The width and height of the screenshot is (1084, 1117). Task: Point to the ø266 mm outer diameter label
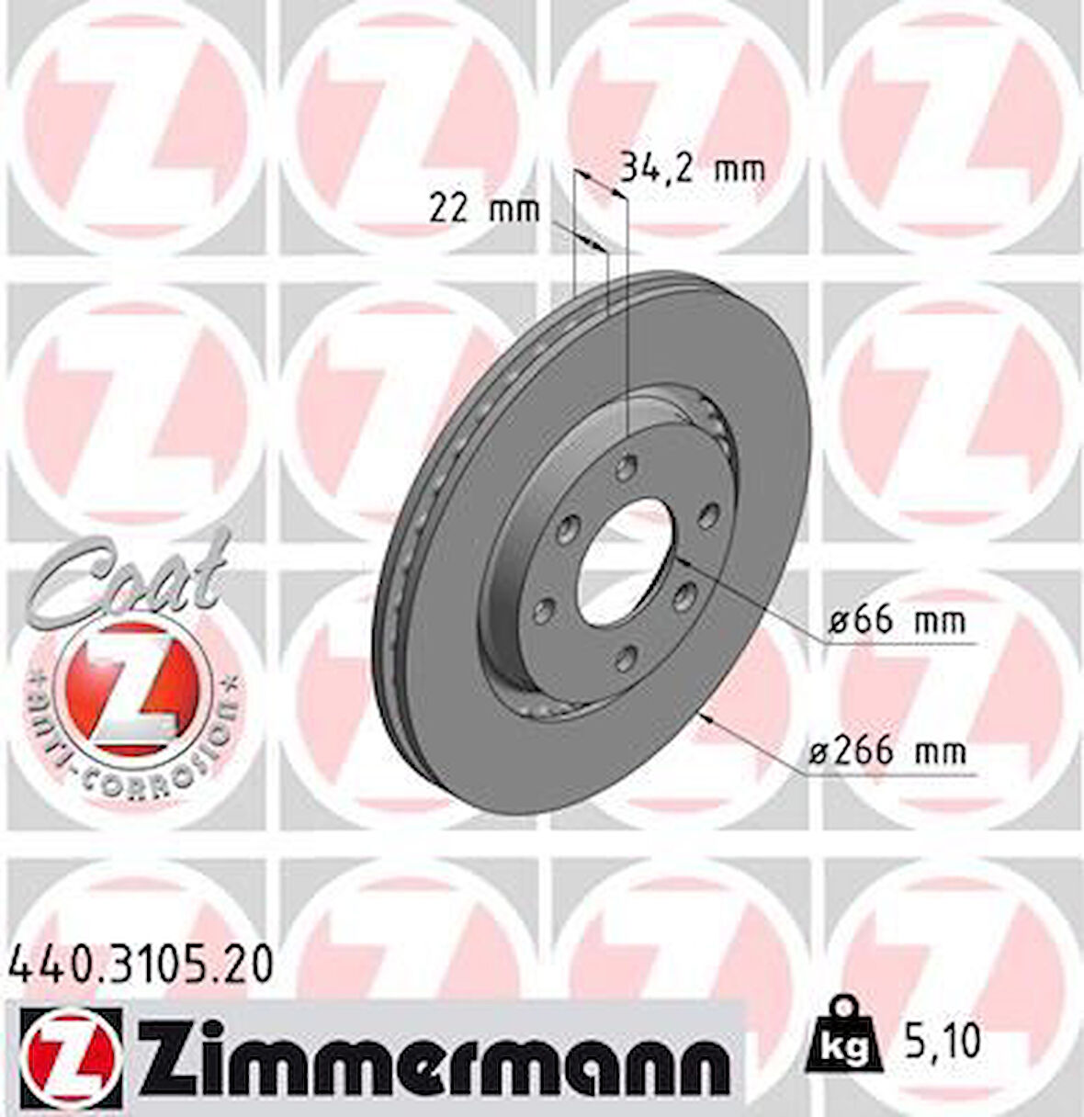pos(887,752)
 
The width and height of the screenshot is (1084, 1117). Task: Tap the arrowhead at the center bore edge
pos(683,561)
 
